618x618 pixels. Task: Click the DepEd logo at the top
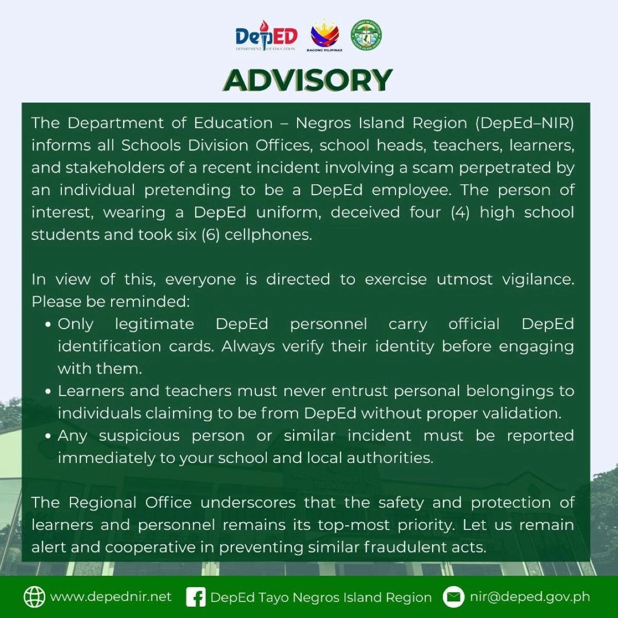[x=266, y=36]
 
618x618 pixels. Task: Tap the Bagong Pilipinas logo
[x=324, y=36]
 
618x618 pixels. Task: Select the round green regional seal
[x=366, y=35]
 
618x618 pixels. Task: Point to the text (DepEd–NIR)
[x=524, y=123]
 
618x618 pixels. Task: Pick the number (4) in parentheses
[x=460, y=212]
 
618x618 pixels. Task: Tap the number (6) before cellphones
[x=210, y=235]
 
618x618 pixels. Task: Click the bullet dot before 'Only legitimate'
[x=48, y=325]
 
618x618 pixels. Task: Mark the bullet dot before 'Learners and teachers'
[x=48, y=392]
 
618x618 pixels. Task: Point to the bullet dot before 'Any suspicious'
[x=48, y=437]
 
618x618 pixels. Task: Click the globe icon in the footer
[x=35, y=597]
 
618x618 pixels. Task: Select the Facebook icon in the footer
[x=196, y=597]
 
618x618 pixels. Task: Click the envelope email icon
[x=454, y=597]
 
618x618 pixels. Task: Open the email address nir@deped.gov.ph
[x=530, y=597]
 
